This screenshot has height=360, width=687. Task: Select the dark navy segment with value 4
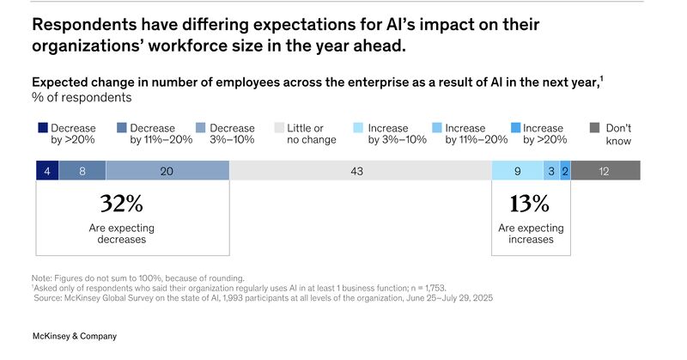point(47,171)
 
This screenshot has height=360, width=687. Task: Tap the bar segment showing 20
point(168,171)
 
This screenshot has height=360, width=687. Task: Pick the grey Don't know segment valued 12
point(605,171)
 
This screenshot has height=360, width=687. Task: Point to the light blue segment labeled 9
point(517,171)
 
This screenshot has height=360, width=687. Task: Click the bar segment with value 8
point(82,171)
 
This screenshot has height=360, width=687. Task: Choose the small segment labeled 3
point(551,171)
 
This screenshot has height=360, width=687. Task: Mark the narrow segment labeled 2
point(565,171)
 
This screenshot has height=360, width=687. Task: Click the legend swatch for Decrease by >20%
point(42,128)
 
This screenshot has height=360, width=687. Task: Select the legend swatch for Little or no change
point(279,128)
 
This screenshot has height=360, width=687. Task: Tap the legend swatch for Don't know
point(595,128)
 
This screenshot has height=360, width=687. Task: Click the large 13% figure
point(530,204)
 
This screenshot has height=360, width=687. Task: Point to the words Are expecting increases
point(531,234)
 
